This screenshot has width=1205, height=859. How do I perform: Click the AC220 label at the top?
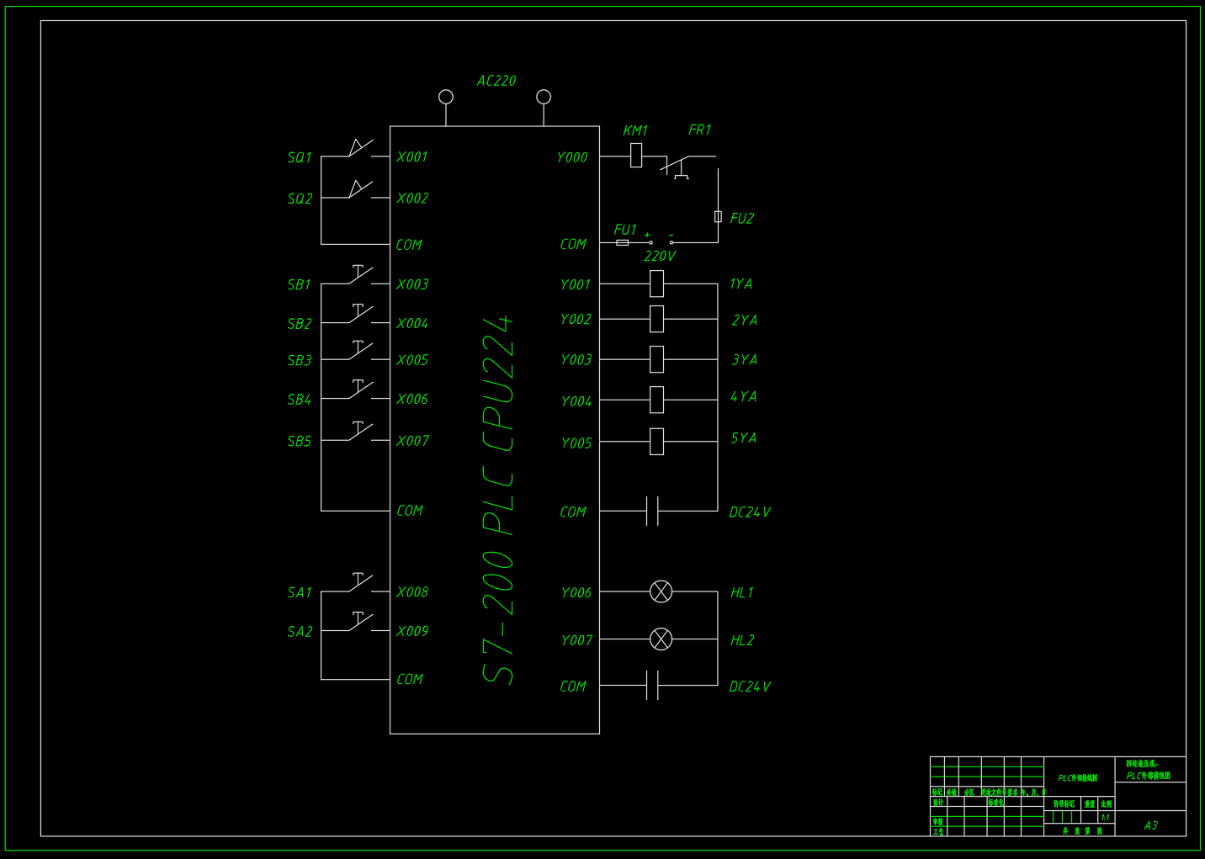(496, 81)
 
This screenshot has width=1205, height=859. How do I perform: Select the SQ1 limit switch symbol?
(361, 150)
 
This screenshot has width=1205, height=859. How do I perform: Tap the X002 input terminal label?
(412, 199)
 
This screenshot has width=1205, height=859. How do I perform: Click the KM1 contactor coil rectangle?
(636, 156)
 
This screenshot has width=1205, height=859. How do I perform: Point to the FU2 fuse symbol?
(718, 216)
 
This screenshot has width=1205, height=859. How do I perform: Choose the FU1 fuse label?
(625, 230)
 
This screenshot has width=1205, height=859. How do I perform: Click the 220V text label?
(660, 256)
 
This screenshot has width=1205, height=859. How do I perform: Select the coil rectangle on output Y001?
(656, 284)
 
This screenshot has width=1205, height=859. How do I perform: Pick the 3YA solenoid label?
(745, 360)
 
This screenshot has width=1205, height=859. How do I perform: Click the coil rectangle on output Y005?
(656, 441)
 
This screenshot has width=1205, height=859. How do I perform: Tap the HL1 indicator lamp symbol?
(661, 591)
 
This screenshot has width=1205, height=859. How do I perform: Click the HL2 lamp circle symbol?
(661, 639)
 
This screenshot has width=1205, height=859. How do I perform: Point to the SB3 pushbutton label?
(300, 360)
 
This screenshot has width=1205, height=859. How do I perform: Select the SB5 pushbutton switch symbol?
(361, 432)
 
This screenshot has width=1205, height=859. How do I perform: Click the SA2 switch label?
(300, 632)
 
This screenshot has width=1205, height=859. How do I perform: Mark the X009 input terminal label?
(412, 631)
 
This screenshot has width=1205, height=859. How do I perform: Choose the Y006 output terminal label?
(576, 593)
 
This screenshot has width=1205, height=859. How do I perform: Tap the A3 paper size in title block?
(1151, 825)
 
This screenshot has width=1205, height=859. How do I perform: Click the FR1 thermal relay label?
(700, 130)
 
